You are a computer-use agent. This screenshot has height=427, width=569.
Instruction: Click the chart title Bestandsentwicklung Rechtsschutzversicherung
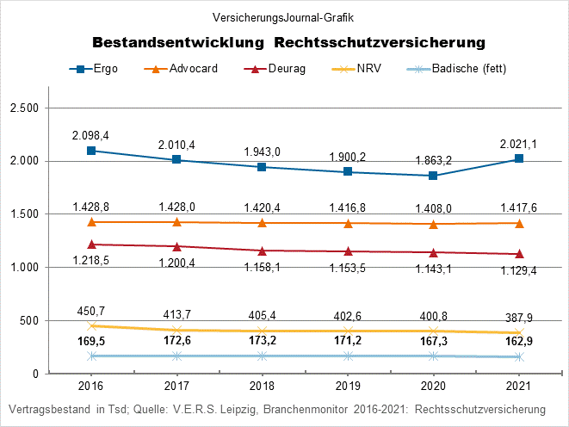pyautogui.click(x=288, y=41)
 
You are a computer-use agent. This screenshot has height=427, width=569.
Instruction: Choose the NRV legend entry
pyautogui.click(x=362, y=68)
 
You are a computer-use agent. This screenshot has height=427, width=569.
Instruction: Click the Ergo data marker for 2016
pyautogui.click(x=90, y=151)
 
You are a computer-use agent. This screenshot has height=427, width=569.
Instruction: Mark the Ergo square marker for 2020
pyautogui.click(x=433, y=176)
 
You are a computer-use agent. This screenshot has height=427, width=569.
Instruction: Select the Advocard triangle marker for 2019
pyautogui.click(x=348, y=224)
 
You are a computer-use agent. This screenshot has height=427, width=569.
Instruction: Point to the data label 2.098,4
pyautogui.click(x=90, y=135)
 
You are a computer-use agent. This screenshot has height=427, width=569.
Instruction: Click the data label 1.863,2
pyautogui.click(x=433, y=160)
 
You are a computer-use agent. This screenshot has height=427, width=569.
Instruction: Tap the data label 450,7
pyautogui.click(x=90, y=311)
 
